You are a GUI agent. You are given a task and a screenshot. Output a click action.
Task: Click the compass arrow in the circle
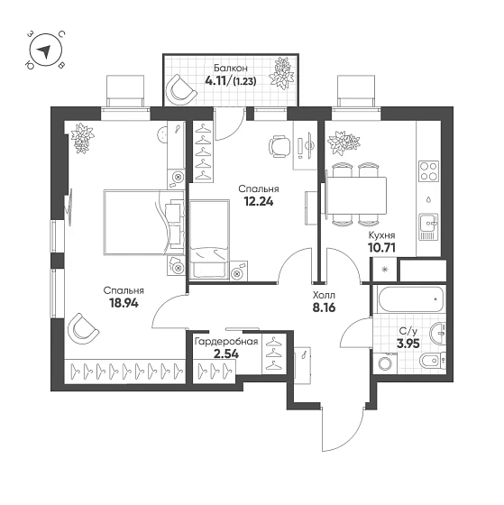coord(45,51)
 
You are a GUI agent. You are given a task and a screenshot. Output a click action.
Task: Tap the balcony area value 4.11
coord(215,80)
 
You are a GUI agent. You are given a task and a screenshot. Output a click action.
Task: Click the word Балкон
coord(231,69)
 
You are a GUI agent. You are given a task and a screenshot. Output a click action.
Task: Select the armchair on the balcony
coord(180,89)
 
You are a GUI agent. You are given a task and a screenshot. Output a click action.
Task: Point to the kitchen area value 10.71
coord(381,248)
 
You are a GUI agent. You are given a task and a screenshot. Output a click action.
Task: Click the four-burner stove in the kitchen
coord(428,171)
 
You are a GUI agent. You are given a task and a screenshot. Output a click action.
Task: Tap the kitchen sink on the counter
coord(428,227)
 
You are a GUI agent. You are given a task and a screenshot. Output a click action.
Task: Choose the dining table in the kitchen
coord(356,196)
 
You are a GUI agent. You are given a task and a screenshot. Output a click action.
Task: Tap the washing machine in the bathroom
coord(385,363)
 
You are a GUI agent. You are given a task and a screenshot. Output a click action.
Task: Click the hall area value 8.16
coord(324,308)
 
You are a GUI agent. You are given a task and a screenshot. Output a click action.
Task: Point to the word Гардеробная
coord(226,342)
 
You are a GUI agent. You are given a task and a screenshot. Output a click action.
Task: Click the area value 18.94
coord(124,303)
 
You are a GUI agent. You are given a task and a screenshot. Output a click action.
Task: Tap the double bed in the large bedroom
coord(144,223)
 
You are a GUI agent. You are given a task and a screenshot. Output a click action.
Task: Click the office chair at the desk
coord(279,146)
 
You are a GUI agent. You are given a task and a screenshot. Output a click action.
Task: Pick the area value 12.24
coord(259,202)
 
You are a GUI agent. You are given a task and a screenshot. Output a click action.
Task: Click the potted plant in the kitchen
coord(343,143)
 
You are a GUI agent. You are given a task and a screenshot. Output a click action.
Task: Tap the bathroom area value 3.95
coord(408,344)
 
